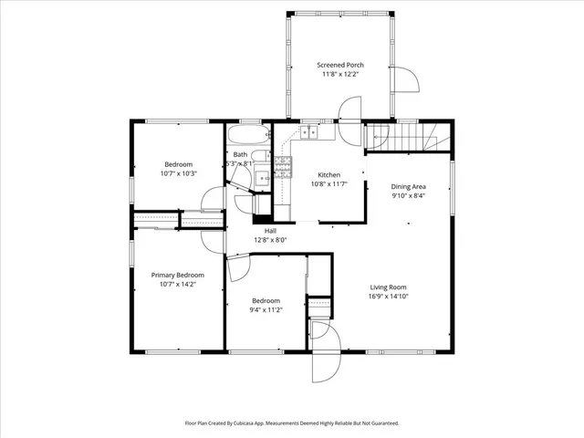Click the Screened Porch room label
[x=341, y=65]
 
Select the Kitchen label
[x=328, y=174]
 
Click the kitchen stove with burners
[x=283, y=166]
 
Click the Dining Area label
[x=409, y=186]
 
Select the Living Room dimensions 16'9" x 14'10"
[x=395, y=296]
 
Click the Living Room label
[x=395, y=287]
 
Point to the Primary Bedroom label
[x=177, y=275]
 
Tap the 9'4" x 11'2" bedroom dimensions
[x=266, y=309]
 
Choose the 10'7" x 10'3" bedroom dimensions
[x=178, y=173]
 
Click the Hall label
[x=270, y=231]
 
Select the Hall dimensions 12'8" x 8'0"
[x=270, y=240]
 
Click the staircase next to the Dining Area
[x=408, y=139]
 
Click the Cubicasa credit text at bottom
[x=292, y=423]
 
